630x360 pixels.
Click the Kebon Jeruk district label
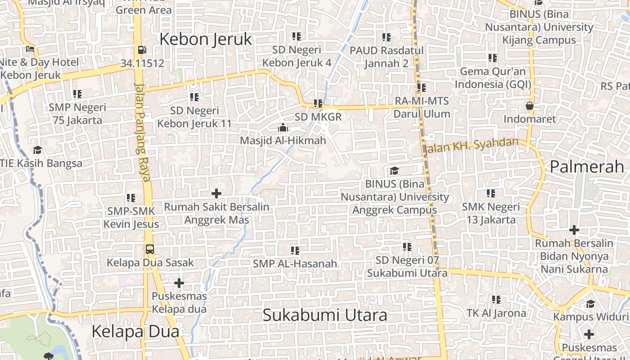pyautogui.click(x=206, y=39)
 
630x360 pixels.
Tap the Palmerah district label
pyautogui.click(x=587, y=166)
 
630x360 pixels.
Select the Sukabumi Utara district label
pyautogui.click(x=324, y=315)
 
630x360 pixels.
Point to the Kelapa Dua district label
pyautogui.click(x=135, y=332)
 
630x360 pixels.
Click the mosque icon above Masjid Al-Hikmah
pyautogui.click(x=283, y=127)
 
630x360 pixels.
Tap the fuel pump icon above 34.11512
pyautogui.click(x=142, y=50)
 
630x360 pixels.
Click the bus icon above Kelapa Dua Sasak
pyautogui.click(x=150, y=249)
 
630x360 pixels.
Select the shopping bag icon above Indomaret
pyautogui.click(x=530, y=106)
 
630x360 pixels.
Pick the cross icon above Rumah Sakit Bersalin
pyautogui.click(x=216, y=193)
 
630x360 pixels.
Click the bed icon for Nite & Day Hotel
pyautogui.click(x=30, y=49)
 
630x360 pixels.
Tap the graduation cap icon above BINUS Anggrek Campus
pyautogui.click(x=394, y=171)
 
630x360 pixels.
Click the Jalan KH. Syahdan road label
pyautogui.click(x=471, y=145)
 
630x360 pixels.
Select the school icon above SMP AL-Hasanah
pyautogui.click(x=295, y=250)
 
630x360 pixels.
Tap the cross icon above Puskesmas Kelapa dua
pyautogui.click(x=179, y=283)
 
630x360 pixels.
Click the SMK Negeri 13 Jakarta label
pyautogui.click(x=491, y=213)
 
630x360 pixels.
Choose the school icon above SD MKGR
pyautogui.click(x=318, y=104)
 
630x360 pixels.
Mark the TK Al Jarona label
pyautogui.click(x=496, y=313)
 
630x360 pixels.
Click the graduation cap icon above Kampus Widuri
pyautogui.click(x=590, y=304)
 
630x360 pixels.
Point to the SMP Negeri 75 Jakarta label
pyautogui.click(x=77, y=114)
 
